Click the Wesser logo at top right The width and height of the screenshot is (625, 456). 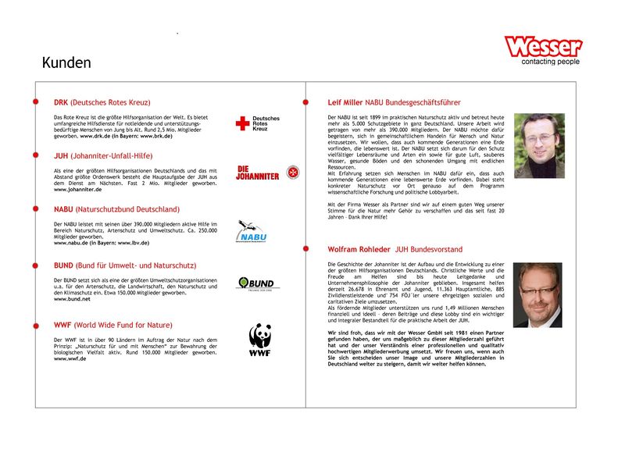click(543, 46)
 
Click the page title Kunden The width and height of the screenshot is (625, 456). click(66, 63)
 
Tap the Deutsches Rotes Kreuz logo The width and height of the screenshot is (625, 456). click(257, 123)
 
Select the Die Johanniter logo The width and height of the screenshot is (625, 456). click(257, 173)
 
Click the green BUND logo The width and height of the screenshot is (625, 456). click(258, 283)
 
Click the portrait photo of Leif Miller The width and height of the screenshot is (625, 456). click(539, 146)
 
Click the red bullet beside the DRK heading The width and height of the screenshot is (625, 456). click(35, 102)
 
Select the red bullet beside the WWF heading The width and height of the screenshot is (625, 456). click(35, 324)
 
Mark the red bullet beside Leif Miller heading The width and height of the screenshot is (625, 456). click(305, 102)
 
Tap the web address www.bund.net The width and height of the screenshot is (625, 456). click(72, 299)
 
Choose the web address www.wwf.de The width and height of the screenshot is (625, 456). click(70, 358)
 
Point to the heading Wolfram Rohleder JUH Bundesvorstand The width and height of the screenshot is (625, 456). click(395, 249)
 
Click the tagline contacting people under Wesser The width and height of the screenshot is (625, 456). click(551, 62)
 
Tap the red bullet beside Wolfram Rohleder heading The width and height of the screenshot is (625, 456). click(305, 249)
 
